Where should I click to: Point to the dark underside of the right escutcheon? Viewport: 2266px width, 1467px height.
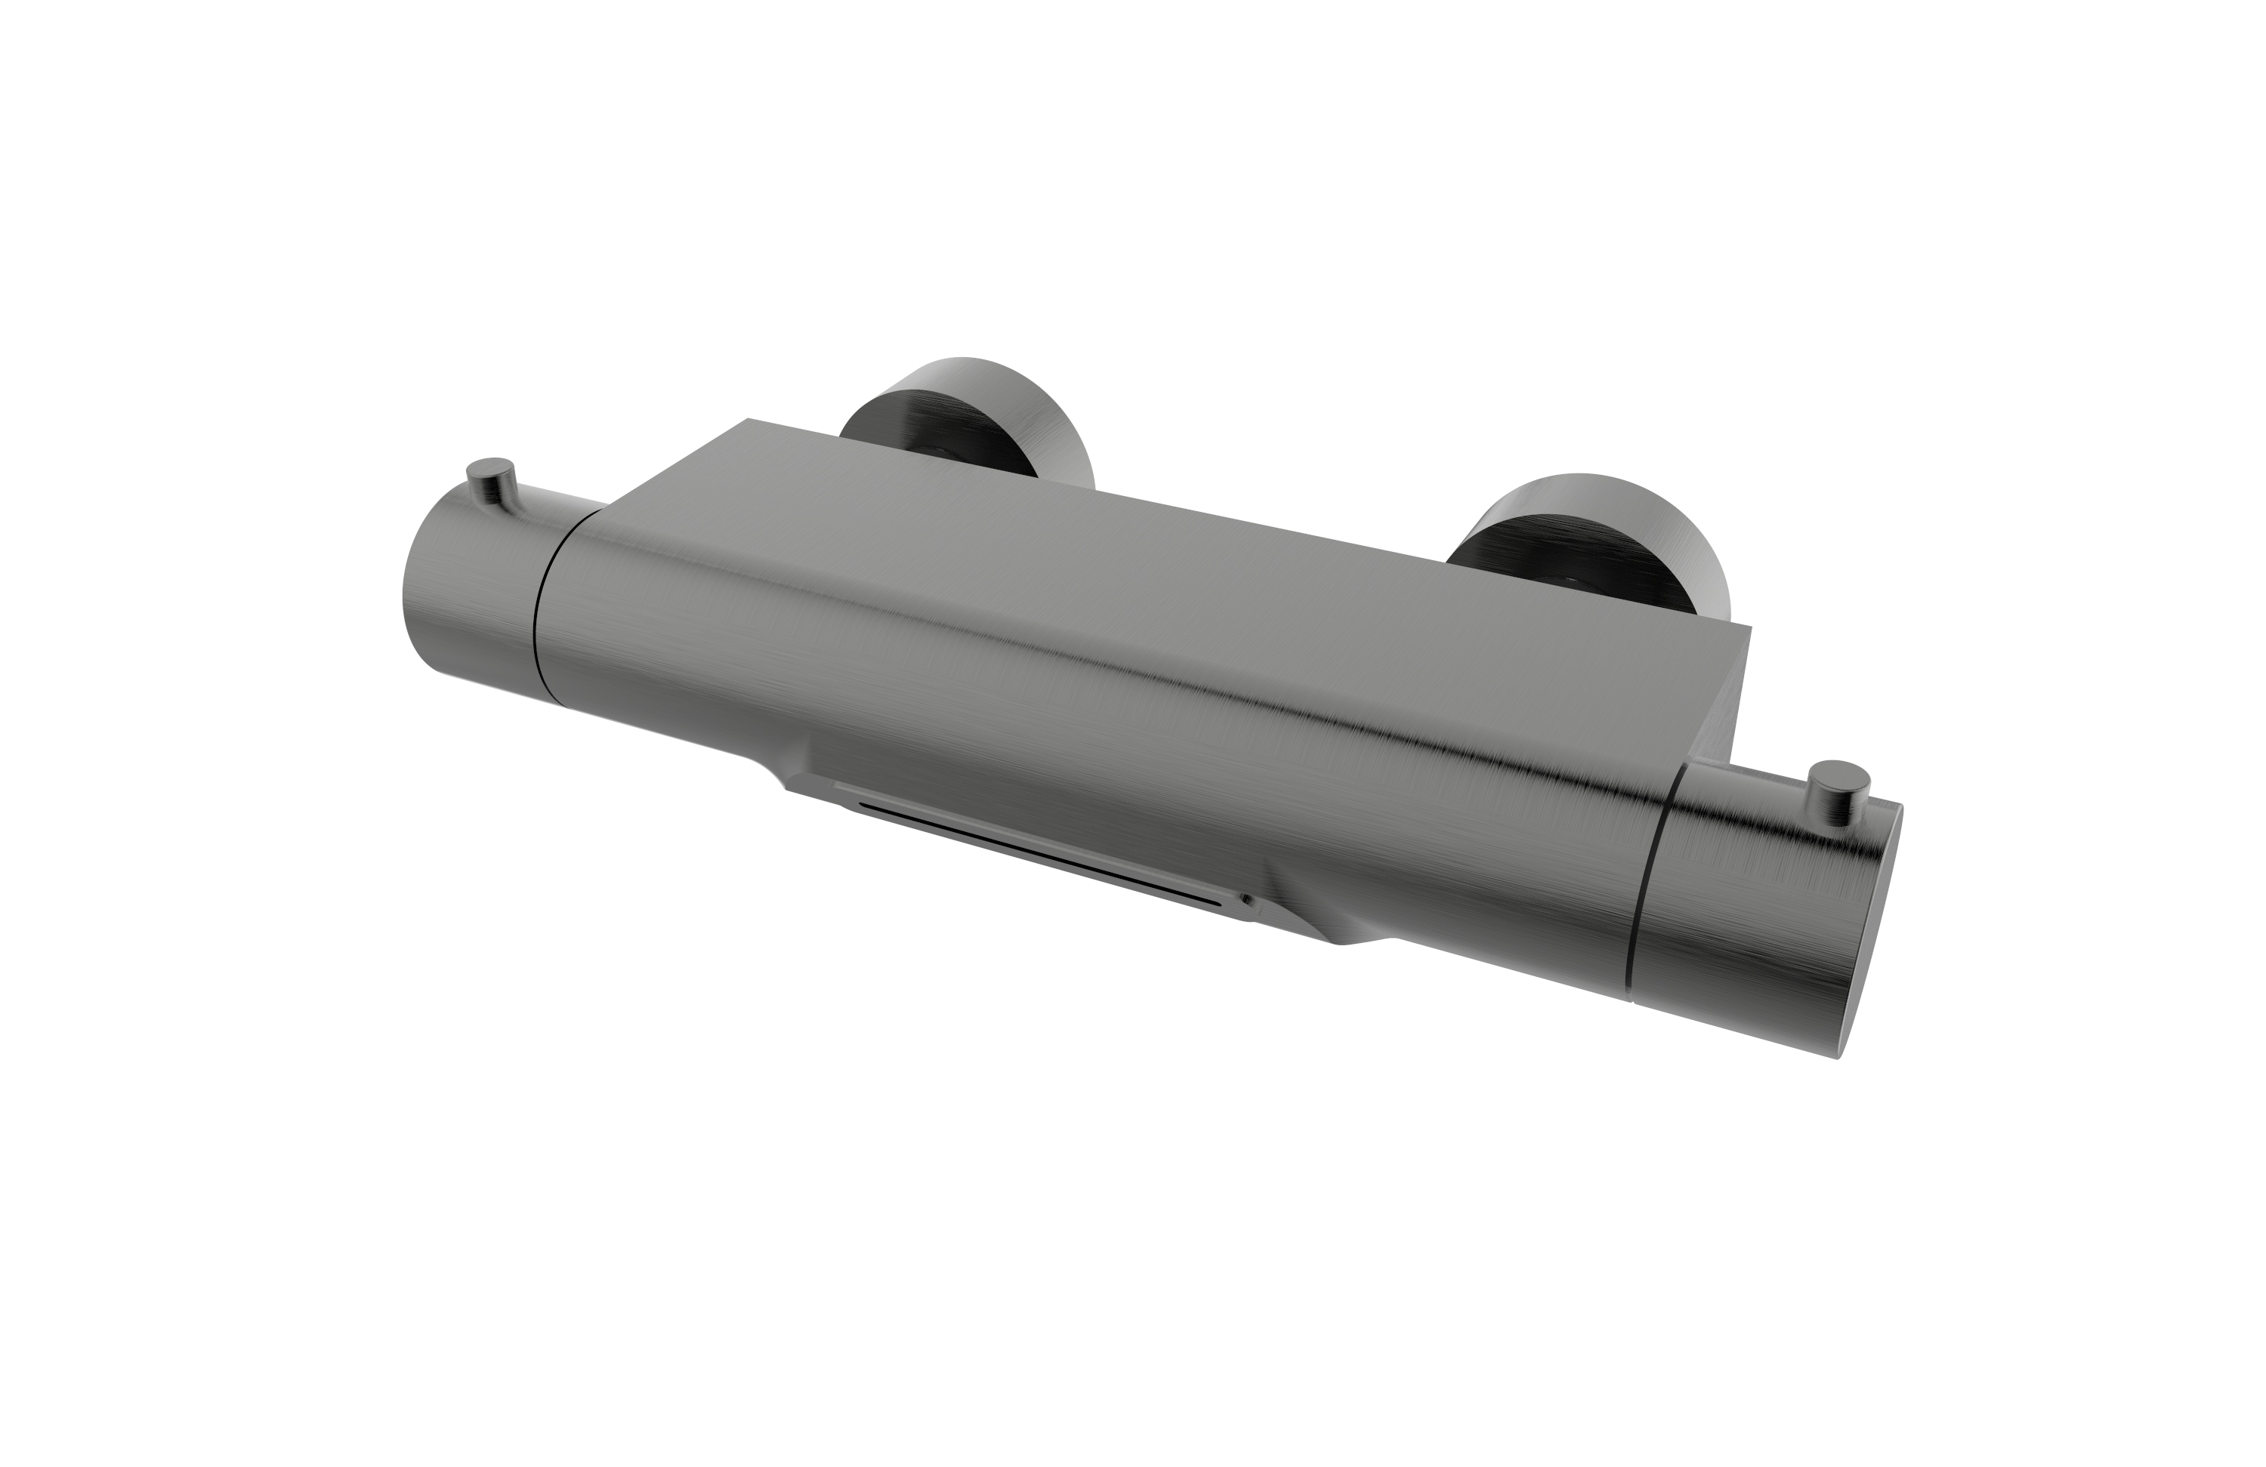1514,552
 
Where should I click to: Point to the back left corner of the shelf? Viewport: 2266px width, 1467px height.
752,421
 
